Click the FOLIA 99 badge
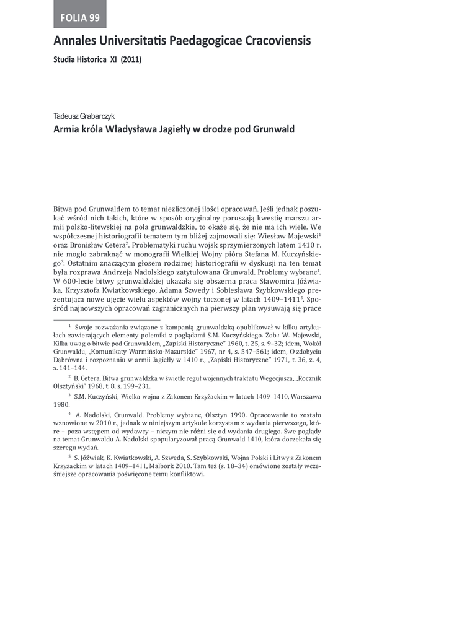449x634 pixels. pyautogui.click(x=80, y=17)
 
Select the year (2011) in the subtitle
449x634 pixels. pyautogui.click(x=131, y=60)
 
